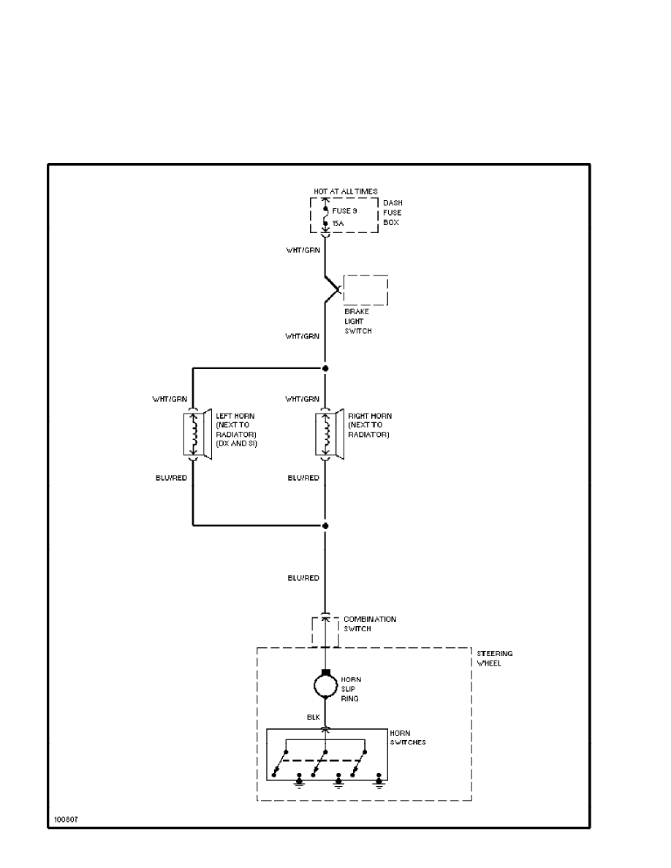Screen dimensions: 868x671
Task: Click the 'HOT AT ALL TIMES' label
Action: coord(346,191)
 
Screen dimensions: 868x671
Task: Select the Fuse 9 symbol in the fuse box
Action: coord(326,216)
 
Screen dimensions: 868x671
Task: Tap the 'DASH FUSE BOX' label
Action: coord(392,213)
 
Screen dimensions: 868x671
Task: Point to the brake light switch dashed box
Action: coord(365,290)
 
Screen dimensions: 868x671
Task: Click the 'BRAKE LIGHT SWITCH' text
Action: coord(357,321)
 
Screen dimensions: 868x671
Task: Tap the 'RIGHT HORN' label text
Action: coord(370,416)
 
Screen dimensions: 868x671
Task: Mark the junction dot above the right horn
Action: coord(326,368)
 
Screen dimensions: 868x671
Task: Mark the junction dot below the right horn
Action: coord(326,525)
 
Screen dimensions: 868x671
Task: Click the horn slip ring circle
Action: coord(326,685)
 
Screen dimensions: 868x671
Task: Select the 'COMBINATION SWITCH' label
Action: coord(370,623)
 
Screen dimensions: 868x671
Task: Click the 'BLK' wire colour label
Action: coord(314,718)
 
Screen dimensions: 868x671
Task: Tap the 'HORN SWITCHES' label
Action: coord(408,737)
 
